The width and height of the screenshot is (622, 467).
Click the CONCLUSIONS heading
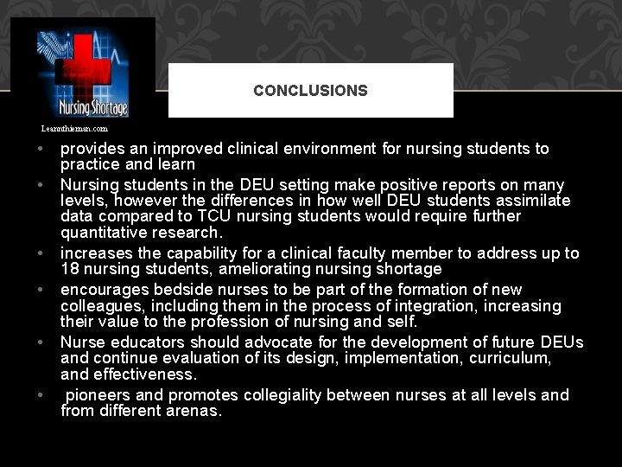pos(310,90)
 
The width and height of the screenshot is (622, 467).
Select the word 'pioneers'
pos(99,395)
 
